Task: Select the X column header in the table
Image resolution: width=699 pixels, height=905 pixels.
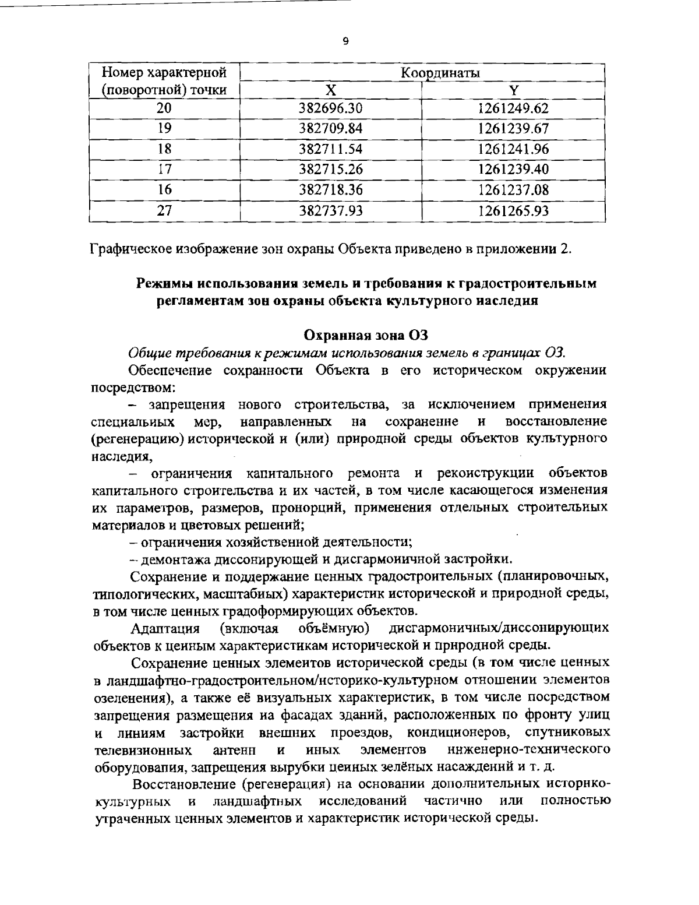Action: pyautogui.click(x=330, y=90)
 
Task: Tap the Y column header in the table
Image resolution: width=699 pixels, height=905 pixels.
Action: pyautogui.click(x=513, y=90)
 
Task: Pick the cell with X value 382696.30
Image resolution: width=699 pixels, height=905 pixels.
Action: pyautogui.click(x=331, y=108)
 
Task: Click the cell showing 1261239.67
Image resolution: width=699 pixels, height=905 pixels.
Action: pyautogui.click(x=513, y=129)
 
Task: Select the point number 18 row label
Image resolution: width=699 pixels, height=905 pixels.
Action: pyautogui.click(x=165, y=149)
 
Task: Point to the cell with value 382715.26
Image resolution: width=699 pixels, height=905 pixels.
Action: pyautogui.click(x=331, y=170)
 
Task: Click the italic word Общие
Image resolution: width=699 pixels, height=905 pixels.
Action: pyautogui.click(x=147, y=353)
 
